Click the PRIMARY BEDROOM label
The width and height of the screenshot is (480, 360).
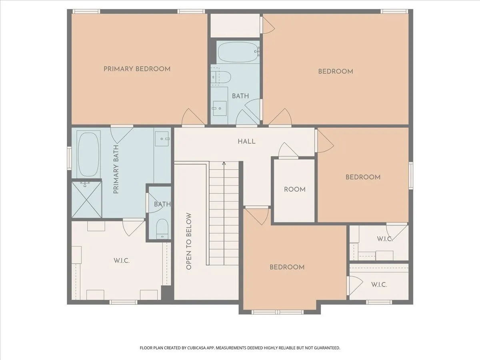click(x=137, y=69)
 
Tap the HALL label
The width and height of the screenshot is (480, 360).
click(x=247, y=142)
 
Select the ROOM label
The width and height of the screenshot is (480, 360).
click(x=294, y=189)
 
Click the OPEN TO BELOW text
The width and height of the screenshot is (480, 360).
click(x=189, y=241)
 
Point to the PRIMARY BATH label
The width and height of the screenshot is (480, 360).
click(x=116, y=169)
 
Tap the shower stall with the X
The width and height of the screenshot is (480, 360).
click(x=86, y=199)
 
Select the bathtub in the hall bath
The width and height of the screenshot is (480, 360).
click(x=238, y=52)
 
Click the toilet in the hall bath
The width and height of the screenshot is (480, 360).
click(x=221, y=77)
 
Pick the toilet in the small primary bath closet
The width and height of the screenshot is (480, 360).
click(x=162, y=229)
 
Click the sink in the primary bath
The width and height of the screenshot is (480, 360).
click(x=162, y=139)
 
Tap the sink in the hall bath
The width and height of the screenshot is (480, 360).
click(x=220, y=108)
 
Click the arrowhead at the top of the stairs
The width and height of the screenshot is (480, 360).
click(x=224, y=163)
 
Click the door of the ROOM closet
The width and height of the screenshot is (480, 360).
click(x=288, y=151)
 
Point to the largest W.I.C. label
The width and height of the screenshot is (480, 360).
click(x=122, y=260)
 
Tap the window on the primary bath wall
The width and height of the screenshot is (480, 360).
click(x=69, y=158)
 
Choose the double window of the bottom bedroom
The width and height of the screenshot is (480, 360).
click(x=277, y=312)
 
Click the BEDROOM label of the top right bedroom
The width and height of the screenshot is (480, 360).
click(x=336, y=72)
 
